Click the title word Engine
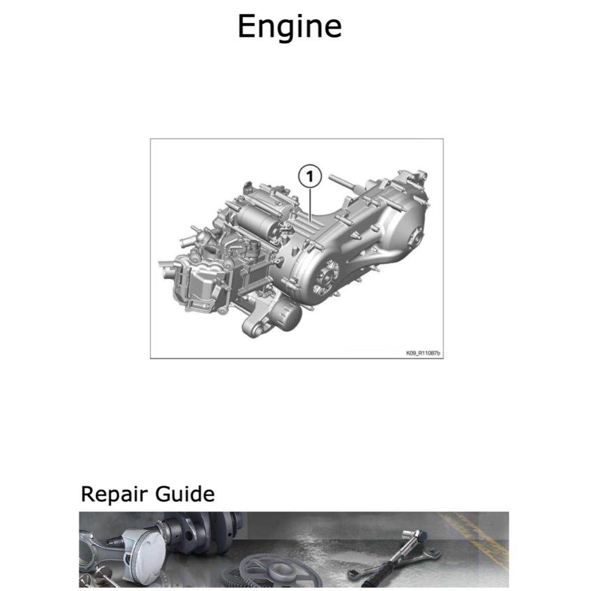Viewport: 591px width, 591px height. (290, 27)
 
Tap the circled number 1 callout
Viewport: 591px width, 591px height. (310, 176)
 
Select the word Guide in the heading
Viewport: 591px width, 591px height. (185, 494)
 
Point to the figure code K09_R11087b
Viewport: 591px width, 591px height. (422, 353)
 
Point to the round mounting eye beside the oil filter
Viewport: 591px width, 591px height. (256, 330)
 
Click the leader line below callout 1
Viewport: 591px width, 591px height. (310, 204)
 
